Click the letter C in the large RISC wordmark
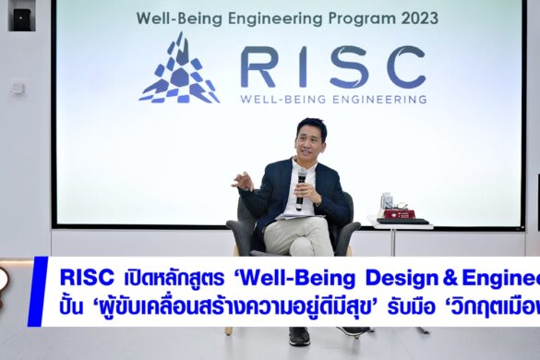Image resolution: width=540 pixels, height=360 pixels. pyautogui.click(x=405, y=67)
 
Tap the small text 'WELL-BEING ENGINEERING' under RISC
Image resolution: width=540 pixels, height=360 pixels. pyautogui.click(x=333, y=98)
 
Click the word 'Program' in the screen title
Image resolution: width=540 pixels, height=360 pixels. pyautogui.click(x=364, y=18)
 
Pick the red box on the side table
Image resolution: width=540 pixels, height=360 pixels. pyautogui.click(x=399, y=213)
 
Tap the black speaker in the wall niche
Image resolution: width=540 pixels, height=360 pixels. pyautogui.click(x=21, y=18)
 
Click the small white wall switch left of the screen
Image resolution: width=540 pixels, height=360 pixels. pyautogui.click(x=18, y=88)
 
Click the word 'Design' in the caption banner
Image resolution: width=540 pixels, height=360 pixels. pyautogui.click(x=402, y=278)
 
